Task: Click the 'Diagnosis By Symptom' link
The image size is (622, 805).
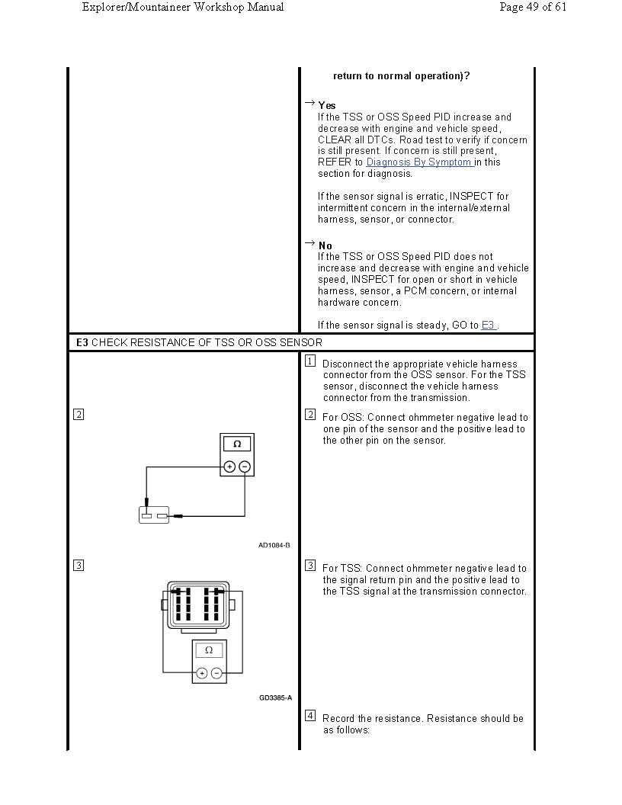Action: pyautogui.click(x=419, y=162)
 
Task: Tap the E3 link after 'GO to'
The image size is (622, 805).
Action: pyautogui.click(x=489, y=326)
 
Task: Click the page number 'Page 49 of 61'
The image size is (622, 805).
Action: pyautogui.click(x=533, y=7)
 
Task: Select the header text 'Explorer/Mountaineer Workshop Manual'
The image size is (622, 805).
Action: pyautogui.click(x=182, y=7)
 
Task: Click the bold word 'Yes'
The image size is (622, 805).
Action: pyautogui.click(x=327, y=105)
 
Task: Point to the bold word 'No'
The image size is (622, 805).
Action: pyautogui.click(x=325, y=245)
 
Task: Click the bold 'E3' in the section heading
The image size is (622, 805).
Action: pyautogui.click(x=82, y=343)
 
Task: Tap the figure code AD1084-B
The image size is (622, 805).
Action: pyautogui.click(x=274, y=545)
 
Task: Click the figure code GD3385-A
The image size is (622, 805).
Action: pyautogui.click(x=275, y=698)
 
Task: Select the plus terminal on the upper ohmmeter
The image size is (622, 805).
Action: pyautogui.click(x=229, y=467)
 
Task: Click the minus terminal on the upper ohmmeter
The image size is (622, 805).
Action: pyautogui.click(x=244, y=467)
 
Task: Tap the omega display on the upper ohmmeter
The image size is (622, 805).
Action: pyautogui.click(x=237, y=444)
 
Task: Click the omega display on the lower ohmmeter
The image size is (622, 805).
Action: pyautogui.click(x=209, y=650)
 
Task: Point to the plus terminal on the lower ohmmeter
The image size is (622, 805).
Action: pyautogui.click(x=202, y=673)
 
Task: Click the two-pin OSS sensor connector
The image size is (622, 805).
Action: pyautogui.click(x=154, y=515)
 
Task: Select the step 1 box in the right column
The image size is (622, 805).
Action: pyautogui.click(x=310, y=361)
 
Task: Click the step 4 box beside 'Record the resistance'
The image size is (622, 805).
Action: pyautogui.click(x=310, y=716)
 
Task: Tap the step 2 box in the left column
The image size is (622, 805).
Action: pyautogui.click(x=79, y=415)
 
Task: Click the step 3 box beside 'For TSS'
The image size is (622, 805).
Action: pyautogui.click(x=310, y=566)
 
